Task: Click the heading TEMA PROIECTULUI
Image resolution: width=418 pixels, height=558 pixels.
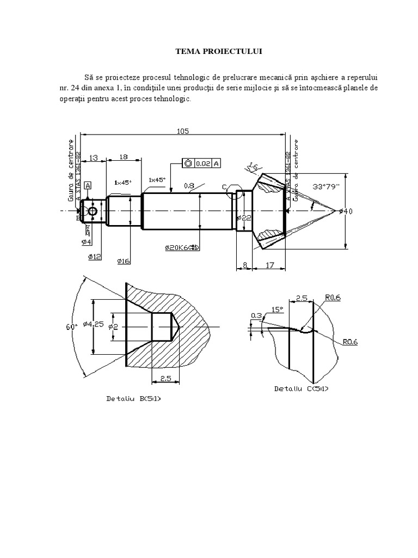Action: point(209,51)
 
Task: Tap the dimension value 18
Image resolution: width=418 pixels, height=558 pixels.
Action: point(123,156)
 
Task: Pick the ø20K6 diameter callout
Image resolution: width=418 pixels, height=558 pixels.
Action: point(182,248)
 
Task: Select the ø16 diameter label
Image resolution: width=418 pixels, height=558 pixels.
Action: point(124,262)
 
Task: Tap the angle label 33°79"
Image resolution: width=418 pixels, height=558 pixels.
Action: point(325,186)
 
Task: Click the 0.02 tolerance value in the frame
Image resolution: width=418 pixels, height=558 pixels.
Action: point(202,163)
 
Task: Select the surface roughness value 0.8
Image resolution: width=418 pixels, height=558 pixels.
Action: point(189,186)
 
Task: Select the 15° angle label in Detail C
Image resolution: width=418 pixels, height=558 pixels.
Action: point(276,309)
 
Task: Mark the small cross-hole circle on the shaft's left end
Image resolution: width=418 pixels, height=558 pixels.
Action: point(93,211)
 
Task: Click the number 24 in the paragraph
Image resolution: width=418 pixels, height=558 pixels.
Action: point(76,88)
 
